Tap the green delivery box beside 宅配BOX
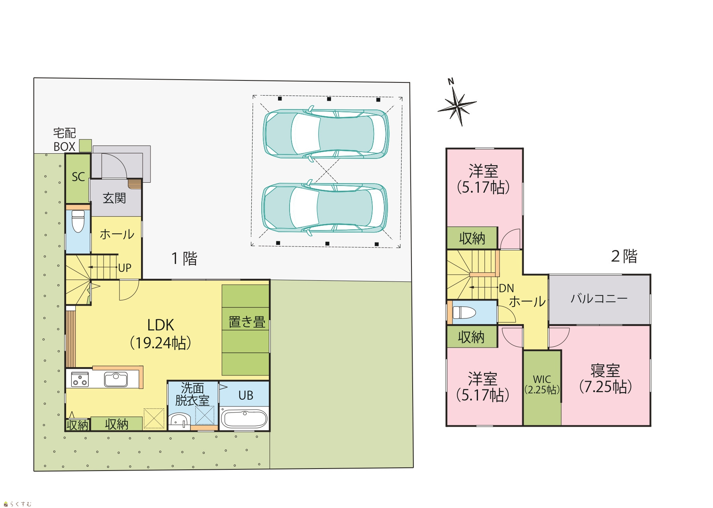(85, 146)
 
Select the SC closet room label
(78, 177)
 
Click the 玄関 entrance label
(114, 198)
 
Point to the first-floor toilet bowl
(78, 221)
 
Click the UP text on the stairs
(125, 268)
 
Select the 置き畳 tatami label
(247, 322)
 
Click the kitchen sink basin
(116, 379)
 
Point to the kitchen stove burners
(80, 379)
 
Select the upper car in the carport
(326, 133)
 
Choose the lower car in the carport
(325, 208)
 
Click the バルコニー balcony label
(599, 299)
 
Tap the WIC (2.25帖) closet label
(542, 385)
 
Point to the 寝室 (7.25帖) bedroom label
(605, 379)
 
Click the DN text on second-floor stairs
(506, 288)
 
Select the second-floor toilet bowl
(464, 313)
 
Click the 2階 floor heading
(624, 256)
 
